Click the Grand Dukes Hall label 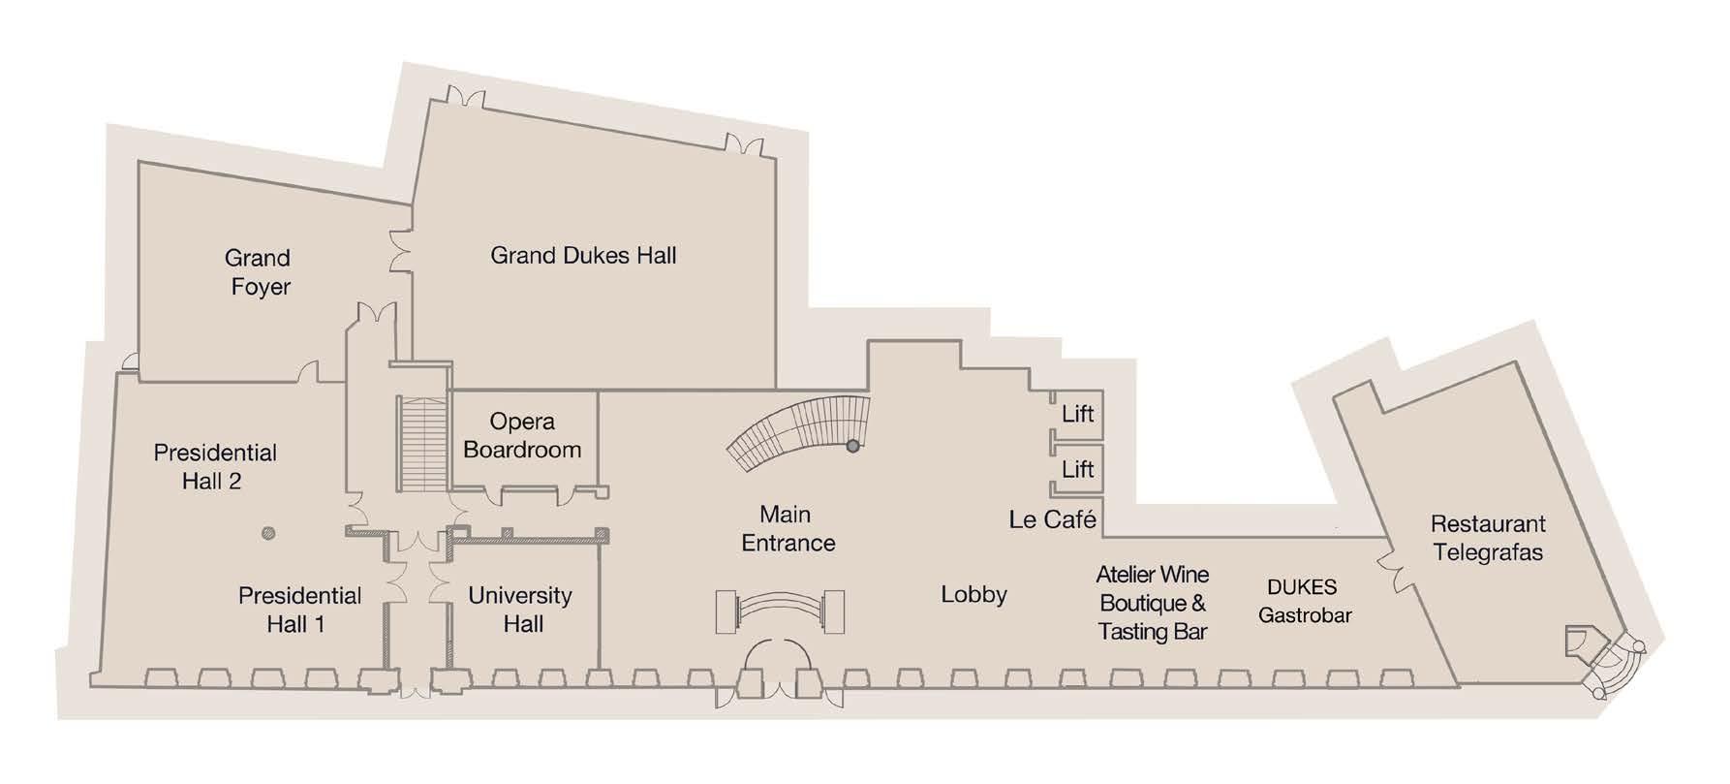[583, 256]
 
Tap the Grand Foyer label [259, 272]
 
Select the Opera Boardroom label [522, 435]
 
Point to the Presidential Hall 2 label [215, 466]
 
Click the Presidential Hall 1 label [299, 610]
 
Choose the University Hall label [521, 610]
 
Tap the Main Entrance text [788, 528]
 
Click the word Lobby [973, 594]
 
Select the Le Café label [1052, 519]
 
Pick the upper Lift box [1077, 414]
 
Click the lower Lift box [1077, 469]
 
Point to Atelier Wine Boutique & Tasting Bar [1153, 603]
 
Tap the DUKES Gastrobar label [1304, 601]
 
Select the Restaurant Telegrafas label [1488, 538]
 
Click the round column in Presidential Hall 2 [269, 532]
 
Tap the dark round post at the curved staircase [852, 446]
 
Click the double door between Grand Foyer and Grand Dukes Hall [399, 251]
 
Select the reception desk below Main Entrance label [780, 612]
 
